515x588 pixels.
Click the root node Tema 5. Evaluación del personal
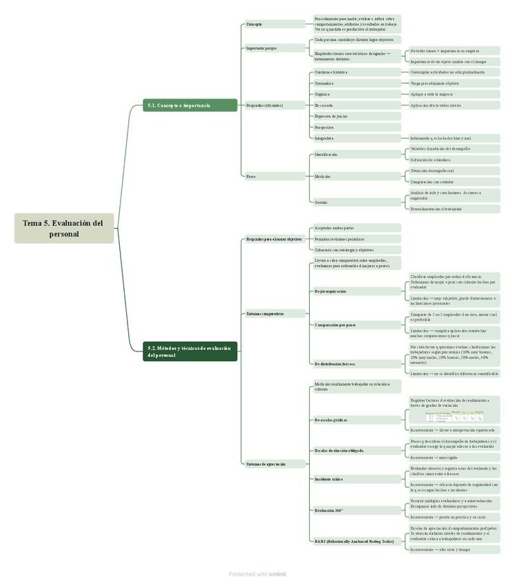point(64,228)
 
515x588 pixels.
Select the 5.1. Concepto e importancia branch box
point(190,105)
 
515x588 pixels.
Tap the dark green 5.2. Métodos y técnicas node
point(190,352)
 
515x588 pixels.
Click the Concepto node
point(274,24)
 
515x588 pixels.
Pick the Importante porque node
point(274,49)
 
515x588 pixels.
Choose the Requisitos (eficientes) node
point(274,105)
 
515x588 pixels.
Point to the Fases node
point(274,176)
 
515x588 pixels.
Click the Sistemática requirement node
point(353,83)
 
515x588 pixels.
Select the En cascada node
point(353,105)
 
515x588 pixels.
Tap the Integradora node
point(353,138)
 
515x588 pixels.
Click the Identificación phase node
point(353,155)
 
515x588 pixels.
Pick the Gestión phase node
point(353,202)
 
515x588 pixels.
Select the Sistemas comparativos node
point(274,313)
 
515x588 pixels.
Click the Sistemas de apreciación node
point(274,464)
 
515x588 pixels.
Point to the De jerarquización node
point(353,291)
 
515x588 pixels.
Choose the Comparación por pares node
point(353,325)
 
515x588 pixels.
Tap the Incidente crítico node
point(353,479)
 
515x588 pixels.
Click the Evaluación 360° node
point(353,510)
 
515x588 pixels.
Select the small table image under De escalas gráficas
point(454,416)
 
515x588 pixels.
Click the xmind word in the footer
point(277,574)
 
